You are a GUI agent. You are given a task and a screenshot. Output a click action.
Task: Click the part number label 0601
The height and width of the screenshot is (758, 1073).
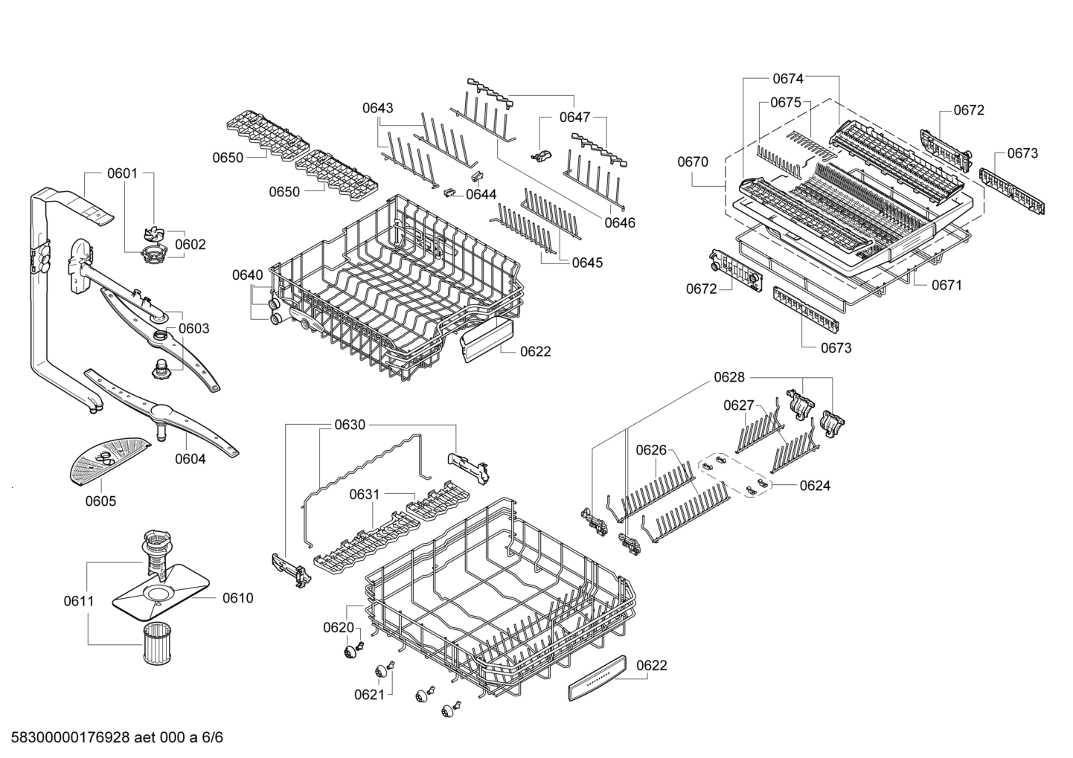coord(122,173)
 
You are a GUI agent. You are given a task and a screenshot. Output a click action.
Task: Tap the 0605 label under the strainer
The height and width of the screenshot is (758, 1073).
coord(100,501)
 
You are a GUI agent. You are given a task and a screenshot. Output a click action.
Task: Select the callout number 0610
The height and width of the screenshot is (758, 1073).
coord(237,597)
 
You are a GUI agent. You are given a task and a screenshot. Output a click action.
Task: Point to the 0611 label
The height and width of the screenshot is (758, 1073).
coord(78,600)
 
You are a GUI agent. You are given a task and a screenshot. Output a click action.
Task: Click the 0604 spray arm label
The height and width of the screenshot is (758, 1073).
coord(190,459)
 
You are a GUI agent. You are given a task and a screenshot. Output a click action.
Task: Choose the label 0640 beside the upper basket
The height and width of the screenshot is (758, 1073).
coord(247,275)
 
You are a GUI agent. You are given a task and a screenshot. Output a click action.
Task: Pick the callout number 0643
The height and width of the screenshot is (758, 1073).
coord(378,108)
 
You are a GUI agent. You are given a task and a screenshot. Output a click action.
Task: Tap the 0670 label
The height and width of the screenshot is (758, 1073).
coord(693,161)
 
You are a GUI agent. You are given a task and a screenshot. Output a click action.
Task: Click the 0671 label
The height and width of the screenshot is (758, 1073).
coord(947,285)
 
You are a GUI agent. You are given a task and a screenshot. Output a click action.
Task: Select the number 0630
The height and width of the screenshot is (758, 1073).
coord(350,425)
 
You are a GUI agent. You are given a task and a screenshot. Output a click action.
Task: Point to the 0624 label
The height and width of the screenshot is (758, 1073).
coord(815,486)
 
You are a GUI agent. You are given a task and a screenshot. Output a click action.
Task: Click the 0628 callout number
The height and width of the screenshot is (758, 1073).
coord(729,377)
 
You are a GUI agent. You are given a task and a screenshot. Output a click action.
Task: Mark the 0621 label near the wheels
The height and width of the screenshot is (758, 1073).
coord(369,694)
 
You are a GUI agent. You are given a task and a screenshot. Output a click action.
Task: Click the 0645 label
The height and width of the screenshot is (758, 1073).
coord(588,263)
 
